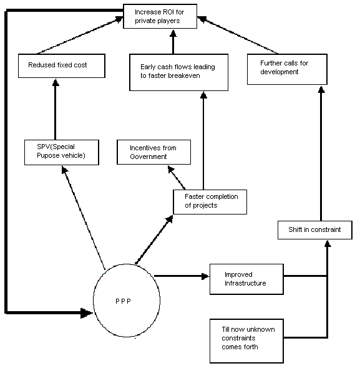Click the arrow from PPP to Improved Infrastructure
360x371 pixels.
pos(182,276)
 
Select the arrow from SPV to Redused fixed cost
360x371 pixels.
pos(56,109)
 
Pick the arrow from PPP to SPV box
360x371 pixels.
pos(84,218)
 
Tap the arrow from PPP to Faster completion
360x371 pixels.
pos(154,239)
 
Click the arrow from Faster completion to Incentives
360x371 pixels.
pos(177,177)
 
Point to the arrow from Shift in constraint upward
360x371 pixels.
pos(321,153)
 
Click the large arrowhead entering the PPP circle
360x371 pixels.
pos(87,313)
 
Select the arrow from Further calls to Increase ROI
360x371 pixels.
pos(238,35)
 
